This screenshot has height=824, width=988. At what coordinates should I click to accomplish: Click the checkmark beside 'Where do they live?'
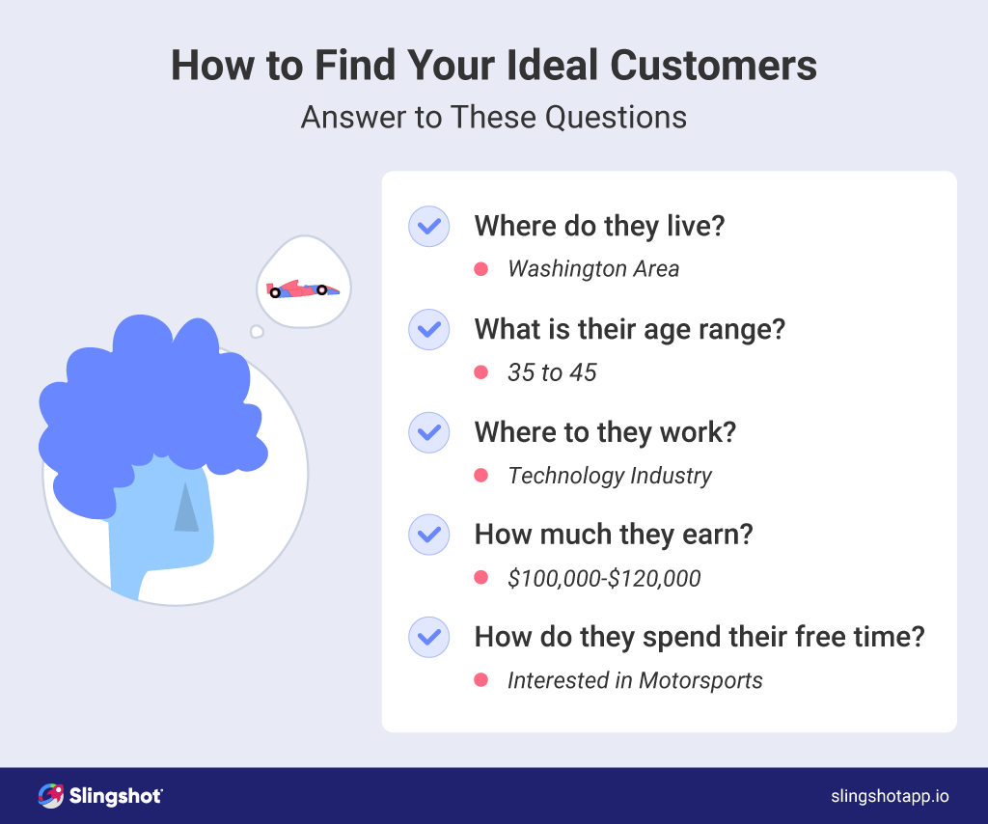click(429, 226)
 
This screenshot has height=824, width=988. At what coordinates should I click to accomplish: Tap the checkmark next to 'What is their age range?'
click(429, 329)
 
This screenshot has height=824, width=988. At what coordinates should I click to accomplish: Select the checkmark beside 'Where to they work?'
click(429, 432)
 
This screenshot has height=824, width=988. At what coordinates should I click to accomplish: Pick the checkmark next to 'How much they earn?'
click(429, 535)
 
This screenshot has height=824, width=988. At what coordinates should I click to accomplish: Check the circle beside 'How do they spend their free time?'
click(429, 637)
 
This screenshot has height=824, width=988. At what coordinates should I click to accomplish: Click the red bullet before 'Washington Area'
click(480, 269)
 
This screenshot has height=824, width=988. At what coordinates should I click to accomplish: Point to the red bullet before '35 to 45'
click(480, 372)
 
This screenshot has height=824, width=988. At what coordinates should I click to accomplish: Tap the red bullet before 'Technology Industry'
click(480, 475)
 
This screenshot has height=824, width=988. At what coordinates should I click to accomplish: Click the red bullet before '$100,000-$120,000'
click(480, 578)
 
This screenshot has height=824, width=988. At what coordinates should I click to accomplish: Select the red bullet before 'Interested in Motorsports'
click(480, 679)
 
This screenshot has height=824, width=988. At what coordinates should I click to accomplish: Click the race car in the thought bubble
click(302, 289)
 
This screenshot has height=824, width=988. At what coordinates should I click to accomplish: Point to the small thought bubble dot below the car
click(257, 332)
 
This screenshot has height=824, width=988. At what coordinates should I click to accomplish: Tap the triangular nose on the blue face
click(186, 508)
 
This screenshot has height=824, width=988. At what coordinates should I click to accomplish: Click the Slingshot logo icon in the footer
click(50, 796)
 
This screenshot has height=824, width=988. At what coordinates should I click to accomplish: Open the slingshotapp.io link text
click(890, 796)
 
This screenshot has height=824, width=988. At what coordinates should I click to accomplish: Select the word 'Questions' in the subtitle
click(616, 117)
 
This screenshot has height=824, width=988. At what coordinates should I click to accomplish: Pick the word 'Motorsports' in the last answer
click(700, 680)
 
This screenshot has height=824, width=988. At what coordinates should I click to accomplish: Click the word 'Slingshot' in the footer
click(116, 796)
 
